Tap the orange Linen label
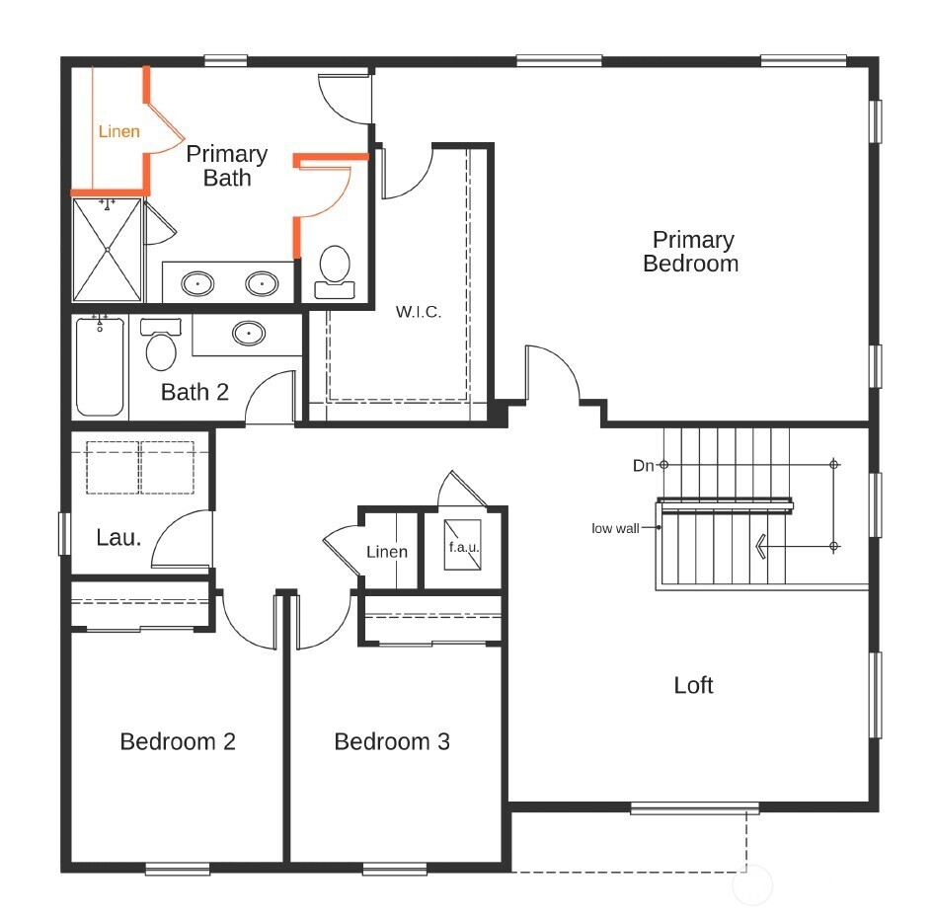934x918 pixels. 118,131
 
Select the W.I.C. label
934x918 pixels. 419,312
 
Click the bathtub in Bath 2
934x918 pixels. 101,365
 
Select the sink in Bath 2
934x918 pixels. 248,334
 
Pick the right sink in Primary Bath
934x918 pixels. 262,284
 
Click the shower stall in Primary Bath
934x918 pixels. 108,251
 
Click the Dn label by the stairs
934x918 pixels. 644,464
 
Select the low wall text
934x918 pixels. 615,528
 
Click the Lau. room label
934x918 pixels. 118,538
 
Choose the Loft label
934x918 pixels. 693,685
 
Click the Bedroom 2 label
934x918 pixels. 178,741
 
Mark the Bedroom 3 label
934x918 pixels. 392,741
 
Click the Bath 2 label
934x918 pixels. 195,392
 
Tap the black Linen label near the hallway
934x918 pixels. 387,552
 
